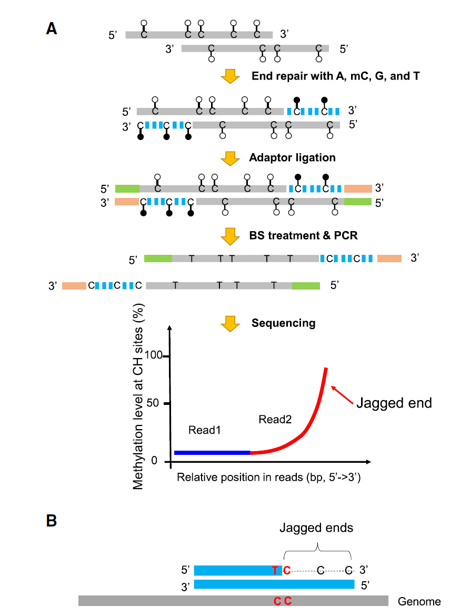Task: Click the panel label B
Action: coord(52,521)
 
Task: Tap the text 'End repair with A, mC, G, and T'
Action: coord(336,76)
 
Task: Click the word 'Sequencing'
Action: coord(283,323)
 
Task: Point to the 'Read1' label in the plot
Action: coord(204,430)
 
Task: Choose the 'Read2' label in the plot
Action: coord(275,419)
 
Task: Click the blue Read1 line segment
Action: coord(212,452)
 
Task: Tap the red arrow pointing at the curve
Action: coord(342,395)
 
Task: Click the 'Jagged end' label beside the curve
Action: coord(394,403)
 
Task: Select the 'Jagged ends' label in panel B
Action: coord(316,528)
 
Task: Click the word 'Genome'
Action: coord(419,601)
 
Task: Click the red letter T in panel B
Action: coord(275,570)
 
